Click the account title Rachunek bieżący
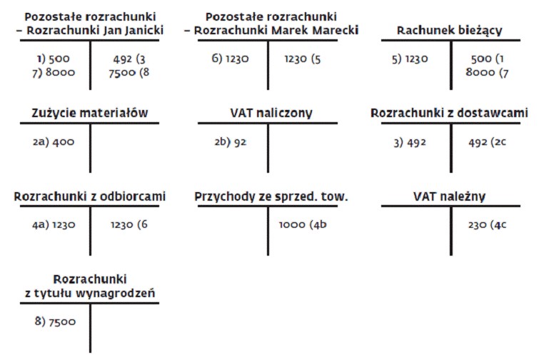click(x=449, y=31)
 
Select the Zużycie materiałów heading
click(x=90, y=113)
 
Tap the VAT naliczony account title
click(x=271, y=113)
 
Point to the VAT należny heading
click(x=449, y=196)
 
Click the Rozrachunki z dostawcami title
click(x=449, y=113)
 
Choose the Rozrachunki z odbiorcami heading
click(x=90, y=196)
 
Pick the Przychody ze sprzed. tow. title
click(x=271, y=196)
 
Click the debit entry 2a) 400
click(x=54, y=141)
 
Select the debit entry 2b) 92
click(x=231, y=141)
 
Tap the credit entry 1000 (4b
click(x=303, y=224)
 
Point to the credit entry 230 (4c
click(x=487, y=225)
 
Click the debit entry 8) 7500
click(x=55, y=321)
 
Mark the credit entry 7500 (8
click(x=129, y=73)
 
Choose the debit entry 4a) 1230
click(x=54, y=225)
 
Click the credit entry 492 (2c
click(x=487, y=142)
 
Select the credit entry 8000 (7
click(x=487, y=73)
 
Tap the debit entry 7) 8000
click(x=54, y=73)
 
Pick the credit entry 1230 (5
click(x=303, y=59)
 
